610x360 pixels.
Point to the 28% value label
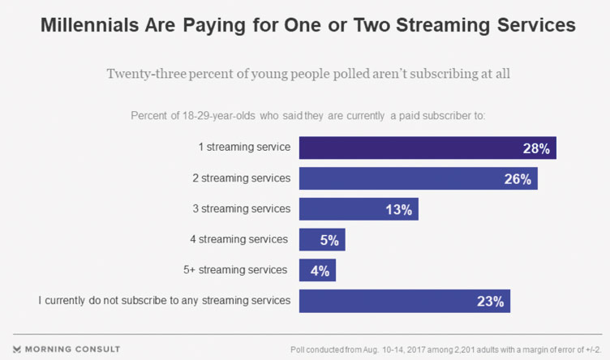(537, 148)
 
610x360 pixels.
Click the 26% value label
(518, 179)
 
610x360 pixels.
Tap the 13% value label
(401, 209)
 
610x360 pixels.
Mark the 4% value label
(321, 271)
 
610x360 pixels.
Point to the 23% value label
(492, 302)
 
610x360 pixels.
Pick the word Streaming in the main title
(444, 26)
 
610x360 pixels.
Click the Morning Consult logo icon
(19, 349)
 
